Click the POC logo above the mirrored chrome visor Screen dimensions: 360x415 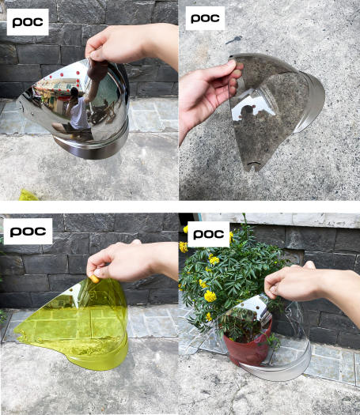pyautogui.click(x=28, y=22)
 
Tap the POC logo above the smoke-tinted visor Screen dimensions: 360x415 pyautogui.click(x=205, y=18)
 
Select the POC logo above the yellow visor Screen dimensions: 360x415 pyautogui.click(x=28, y=232)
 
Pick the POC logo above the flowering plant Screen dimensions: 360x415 pyautogui.click(x=208, y=234)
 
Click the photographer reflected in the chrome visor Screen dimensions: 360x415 pyautogui.click(x=77, y=111)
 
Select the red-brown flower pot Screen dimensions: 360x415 pyautogui.click(x=248, y=344)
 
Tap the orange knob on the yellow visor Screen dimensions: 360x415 pyautogui.click(x=94, y=279)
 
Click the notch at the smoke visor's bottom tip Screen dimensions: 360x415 pyautogui.click(x=252, y=164)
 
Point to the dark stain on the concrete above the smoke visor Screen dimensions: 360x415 pyautogui.click(x=233, y=40)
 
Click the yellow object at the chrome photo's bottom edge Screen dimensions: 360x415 pyautogui.click(x=28, y=195)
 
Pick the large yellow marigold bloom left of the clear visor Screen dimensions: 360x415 pyautogui.click(x=210, y=296)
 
